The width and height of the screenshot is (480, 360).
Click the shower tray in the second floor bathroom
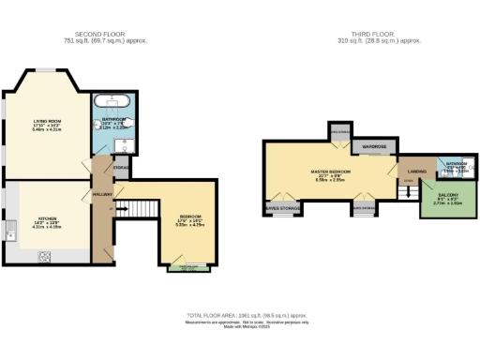(x=125, y=143)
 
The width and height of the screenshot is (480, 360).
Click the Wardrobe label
(x=376, y=147)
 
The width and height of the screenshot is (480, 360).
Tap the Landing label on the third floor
(x=415, y=172)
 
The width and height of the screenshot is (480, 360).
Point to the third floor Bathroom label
(x=453, y=166)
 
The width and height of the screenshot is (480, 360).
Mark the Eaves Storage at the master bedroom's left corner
(x=281, y=208)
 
